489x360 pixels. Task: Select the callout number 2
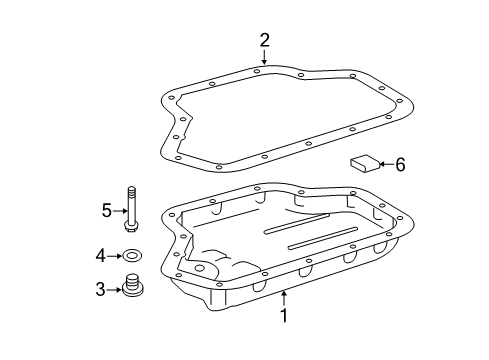264,40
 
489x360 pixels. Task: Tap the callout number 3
100,290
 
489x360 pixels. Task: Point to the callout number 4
100,257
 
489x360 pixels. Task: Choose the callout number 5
106,210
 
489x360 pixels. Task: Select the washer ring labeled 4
133,257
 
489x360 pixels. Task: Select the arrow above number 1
284,298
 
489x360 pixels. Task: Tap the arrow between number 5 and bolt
119,210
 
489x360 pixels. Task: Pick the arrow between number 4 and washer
116,257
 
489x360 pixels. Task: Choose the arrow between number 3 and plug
114,290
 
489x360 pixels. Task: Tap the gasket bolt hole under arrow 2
258,69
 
